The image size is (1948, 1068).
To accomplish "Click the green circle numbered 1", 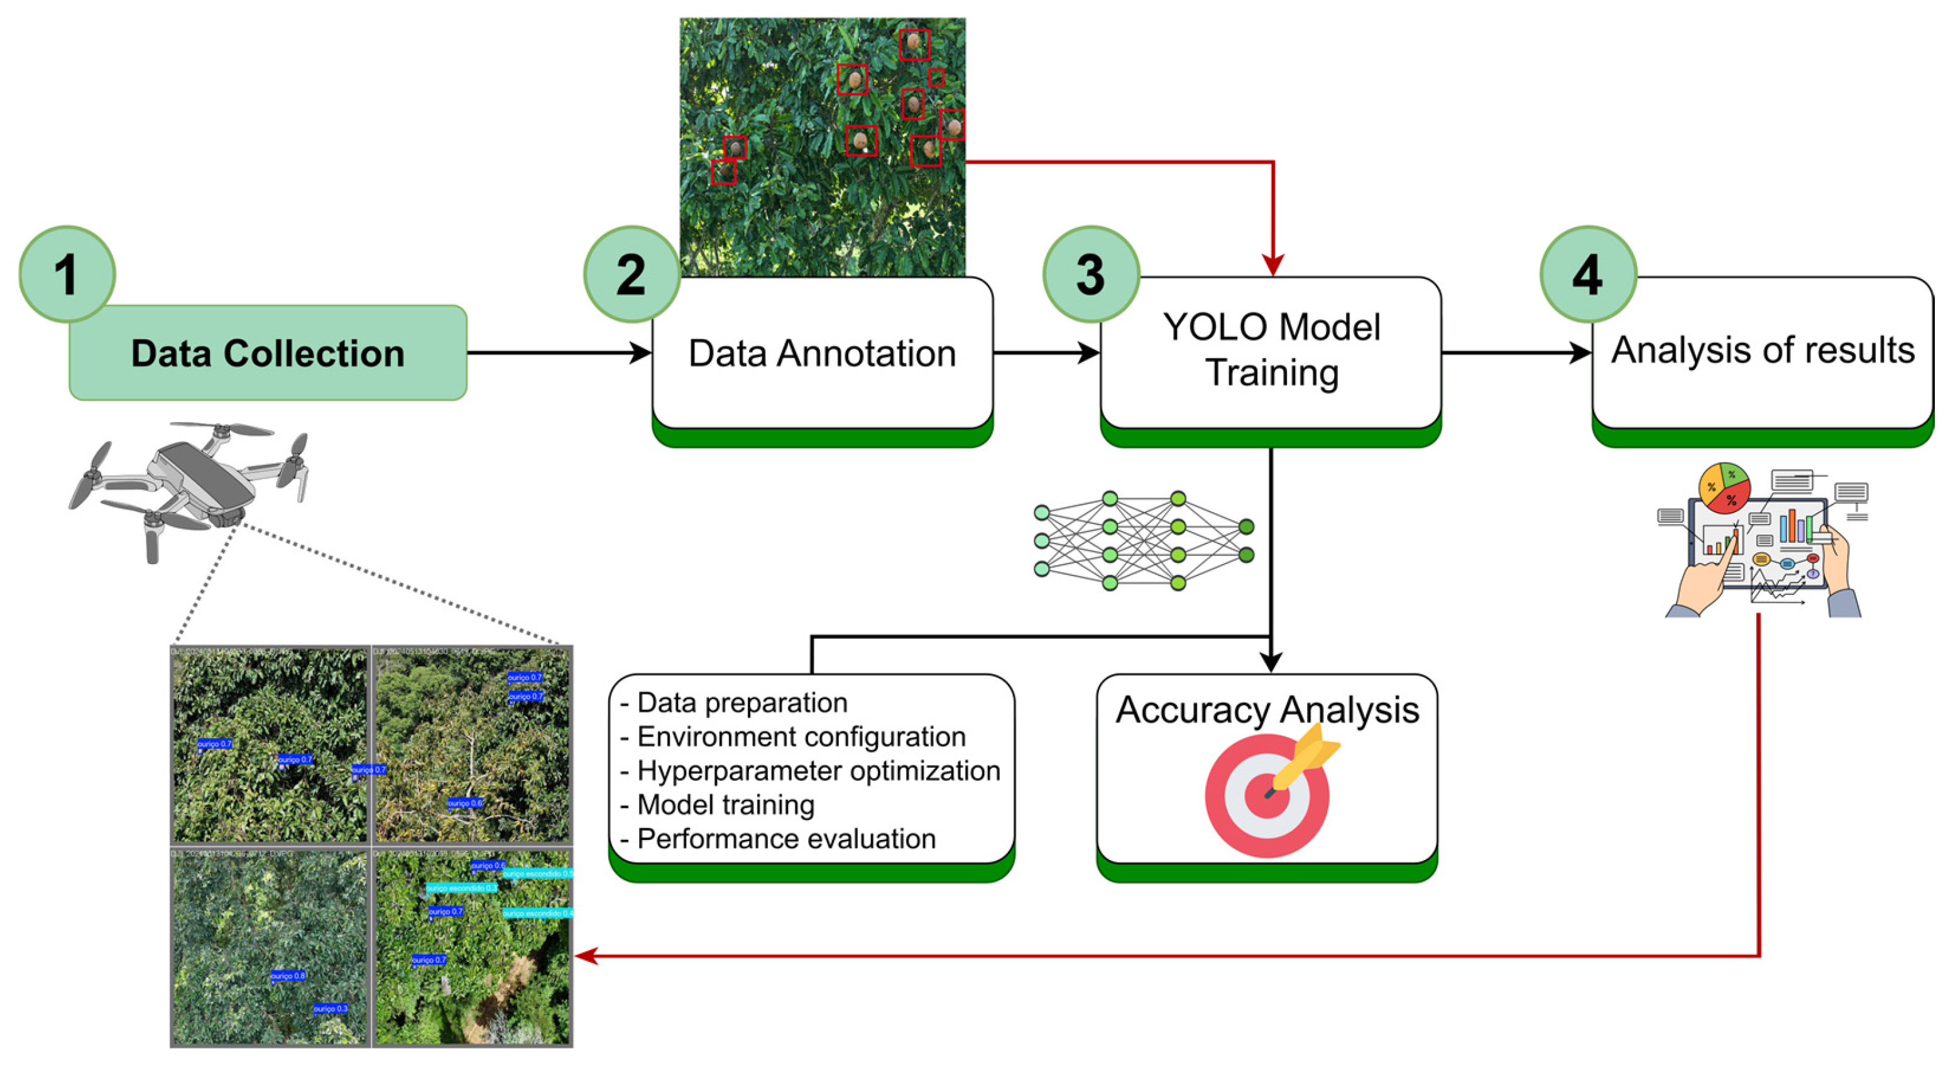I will coord(67,275).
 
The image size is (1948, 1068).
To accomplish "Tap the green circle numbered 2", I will coord(632,275).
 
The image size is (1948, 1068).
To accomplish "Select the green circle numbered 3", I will coord(1090,275).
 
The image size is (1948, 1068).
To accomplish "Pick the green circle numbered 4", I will coord(1588,275).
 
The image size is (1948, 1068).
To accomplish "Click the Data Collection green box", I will coord(268,353).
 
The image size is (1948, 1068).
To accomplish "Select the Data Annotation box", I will coord(822,354).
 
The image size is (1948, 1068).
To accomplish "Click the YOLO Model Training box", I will coord(1271,351).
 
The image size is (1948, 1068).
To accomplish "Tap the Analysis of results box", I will coord(1762,351).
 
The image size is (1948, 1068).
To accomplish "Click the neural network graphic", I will coord(1144,541).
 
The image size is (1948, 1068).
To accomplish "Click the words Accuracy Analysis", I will coord(1267,710).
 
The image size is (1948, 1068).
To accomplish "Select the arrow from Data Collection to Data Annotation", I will coord(560,353).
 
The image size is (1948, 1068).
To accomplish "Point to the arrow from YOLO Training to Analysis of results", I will coord(1516,353).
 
